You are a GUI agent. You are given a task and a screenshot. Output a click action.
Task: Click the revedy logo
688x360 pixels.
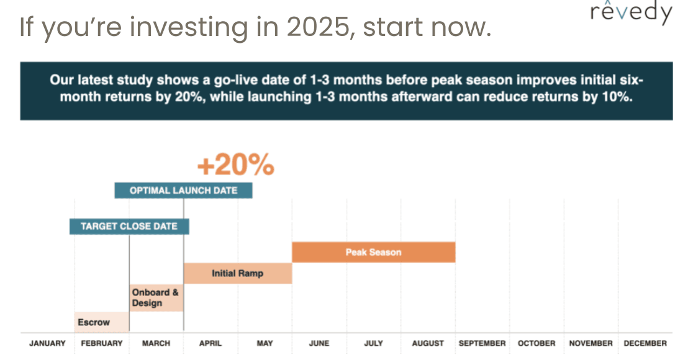click(x=631, y=12)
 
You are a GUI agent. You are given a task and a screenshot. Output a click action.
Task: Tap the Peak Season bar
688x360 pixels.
click(x=373, y=252)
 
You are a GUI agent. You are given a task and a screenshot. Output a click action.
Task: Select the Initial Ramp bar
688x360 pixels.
click(x=238, y=274)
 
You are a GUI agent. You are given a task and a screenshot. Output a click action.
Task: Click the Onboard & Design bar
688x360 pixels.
click(x=156, y=298)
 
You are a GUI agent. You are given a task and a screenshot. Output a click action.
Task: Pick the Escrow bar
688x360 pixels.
click(x=102, y=322)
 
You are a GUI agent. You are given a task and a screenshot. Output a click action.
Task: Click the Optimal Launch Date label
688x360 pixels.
click(x=183, y=191)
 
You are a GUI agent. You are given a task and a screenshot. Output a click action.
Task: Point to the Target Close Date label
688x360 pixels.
click(x=129, y=227)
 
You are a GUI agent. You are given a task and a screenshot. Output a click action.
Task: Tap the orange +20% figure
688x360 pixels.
click(x=235, y=165)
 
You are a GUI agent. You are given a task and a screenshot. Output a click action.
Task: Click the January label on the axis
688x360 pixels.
click(x=47, y=343)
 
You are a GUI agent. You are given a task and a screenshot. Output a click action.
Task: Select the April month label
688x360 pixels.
click(x=210, y=343)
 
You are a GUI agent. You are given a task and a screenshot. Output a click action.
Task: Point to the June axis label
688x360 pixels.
click(x=319, y=343)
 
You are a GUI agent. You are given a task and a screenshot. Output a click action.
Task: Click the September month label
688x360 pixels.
click(x=482, y=343)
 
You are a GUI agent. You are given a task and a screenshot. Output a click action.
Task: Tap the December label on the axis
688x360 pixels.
click(x=645, y=343)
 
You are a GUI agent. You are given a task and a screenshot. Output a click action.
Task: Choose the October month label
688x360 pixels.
click(x=536, y=343)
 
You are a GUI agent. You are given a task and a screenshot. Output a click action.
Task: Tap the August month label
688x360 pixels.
click(x=428, y=343)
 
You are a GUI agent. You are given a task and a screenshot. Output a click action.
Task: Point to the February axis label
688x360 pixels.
click(x=102, y=343)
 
